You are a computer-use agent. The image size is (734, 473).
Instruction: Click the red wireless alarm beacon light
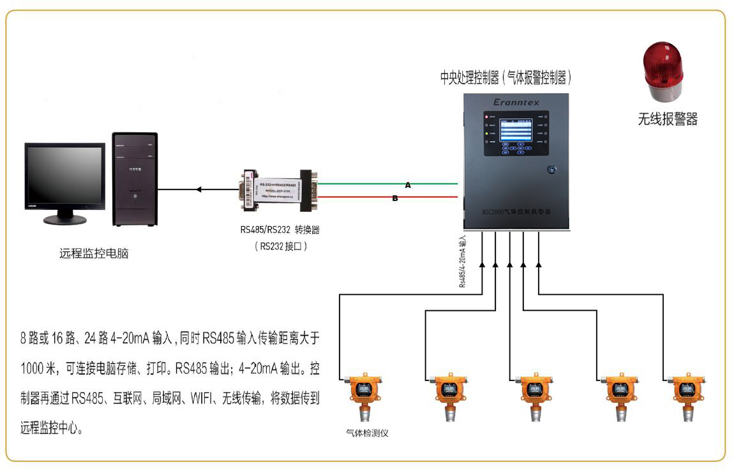[x=663, y=70]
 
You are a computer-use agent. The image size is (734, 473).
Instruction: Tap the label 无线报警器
[x=667, y=119]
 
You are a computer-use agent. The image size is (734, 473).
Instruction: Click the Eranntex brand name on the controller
[x=516, y=102]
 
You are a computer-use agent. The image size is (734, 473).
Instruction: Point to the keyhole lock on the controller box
[x=551, y=170]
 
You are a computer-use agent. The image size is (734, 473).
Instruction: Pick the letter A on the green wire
[x=408, y=185]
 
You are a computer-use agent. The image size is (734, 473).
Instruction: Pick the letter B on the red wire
[x=395, y=199]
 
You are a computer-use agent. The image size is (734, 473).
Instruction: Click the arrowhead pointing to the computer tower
[x=198, y=189]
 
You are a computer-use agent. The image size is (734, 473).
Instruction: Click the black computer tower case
[x=135, y=179]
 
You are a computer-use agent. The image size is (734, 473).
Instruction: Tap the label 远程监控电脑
[x=94, y=253]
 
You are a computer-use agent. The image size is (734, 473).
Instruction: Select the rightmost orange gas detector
[x=686, y=394]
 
